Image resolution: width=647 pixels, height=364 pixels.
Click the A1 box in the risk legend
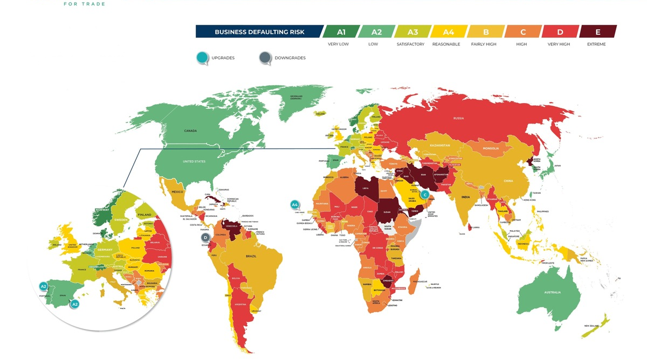(341, 32)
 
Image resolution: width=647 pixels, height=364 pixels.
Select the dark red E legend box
(597, 32)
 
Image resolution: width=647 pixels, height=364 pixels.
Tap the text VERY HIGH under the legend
(558, 44)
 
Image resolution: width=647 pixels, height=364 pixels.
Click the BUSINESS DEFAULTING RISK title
(259, 32)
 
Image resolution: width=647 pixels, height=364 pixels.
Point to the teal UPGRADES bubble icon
(203, 58)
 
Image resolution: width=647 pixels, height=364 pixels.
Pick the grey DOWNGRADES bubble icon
(265, 58)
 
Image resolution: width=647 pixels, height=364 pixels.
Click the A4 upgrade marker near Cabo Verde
(294, 204)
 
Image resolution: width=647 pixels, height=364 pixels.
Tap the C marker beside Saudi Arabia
(425, 194)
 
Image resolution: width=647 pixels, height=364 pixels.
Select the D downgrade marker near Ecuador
(205, 237)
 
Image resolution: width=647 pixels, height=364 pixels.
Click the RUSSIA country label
(458, 118)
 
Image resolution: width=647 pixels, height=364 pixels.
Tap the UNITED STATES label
(194, 161)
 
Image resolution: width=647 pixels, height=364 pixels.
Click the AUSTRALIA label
(553, 292)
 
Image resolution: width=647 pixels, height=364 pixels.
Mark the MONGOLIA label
(491, 148)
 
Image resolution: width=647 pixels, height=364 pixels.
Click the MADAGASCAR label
(419, 281)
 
